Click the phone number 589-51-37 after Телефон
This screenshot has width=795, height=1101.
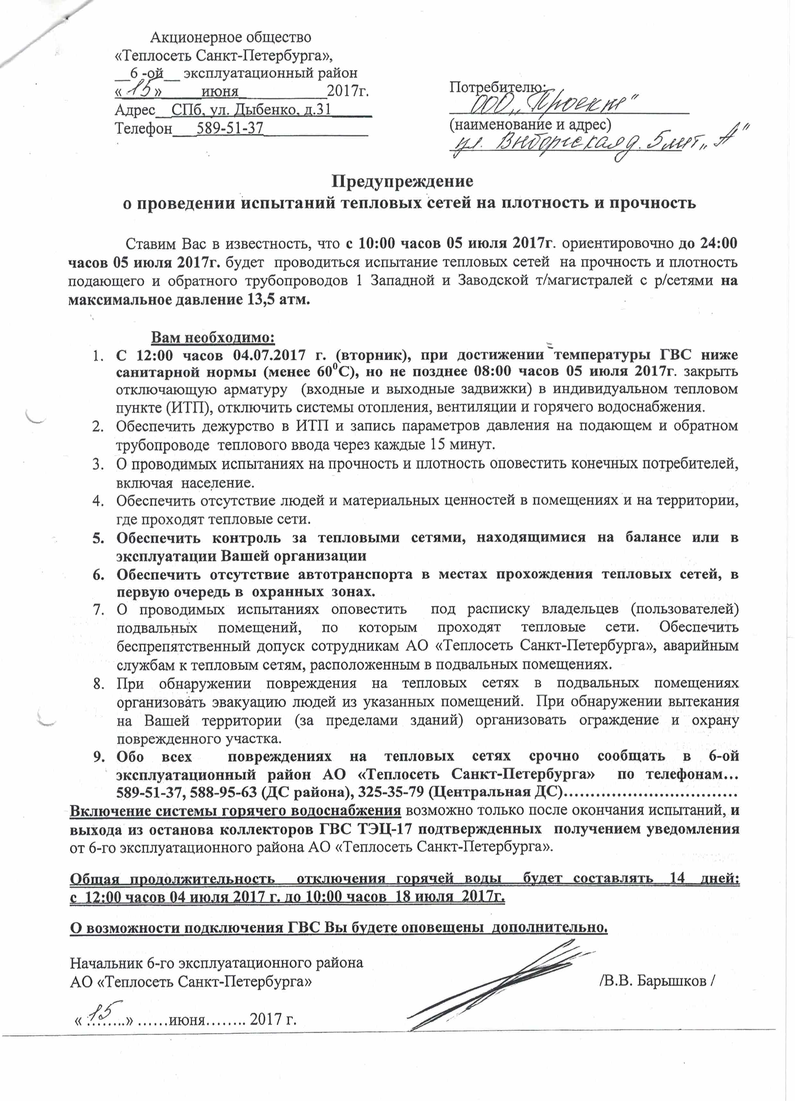(230, 128)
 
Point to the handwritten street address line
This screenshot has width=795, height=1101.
(597, 143)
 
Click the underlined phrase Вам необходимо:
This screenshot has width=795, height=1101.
(213, 337)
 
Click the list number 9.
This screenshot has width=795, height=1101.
(99, 756)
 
